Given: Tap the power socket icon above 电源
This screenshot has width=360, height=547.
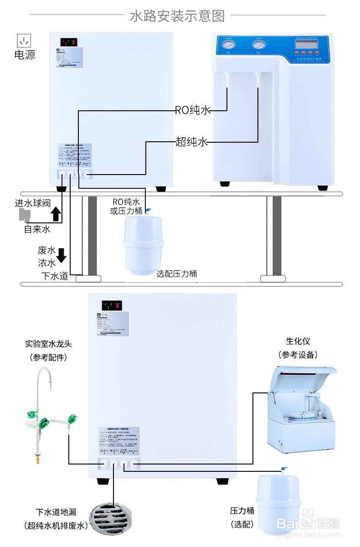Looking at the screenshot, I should [x=23, y=41].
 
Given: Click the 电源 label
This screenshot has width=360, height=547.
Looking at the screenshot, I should [x=25, y=55].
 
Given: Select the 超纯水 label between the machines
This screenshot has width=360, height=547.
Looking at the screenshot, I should [x=191, y=142].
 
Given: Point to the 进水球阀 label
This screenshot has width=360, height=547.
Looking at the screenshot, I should [x=32, y=203].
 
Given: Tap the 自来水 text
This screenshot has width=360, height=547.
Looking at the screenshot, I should [x=37, y=229].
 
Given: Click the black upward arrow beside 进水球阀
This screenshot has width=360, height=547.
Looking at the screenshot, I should [x=56, y=213].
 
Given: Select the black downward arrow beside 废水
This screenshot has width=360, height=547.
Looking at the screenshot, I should [x=61, y=256].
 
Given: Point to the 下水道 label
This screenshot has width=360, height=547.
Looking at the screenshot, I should [x=54, y=276].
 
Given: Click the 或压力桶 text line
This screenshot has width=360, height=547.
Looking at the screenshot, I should [x=126, y=211].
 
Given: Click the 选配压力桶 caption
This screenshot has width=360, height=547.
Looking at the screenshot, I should [x=177, y=273].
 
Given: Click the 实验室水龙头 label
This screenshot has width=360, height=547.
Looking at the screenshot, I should [x=48, y=344].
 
